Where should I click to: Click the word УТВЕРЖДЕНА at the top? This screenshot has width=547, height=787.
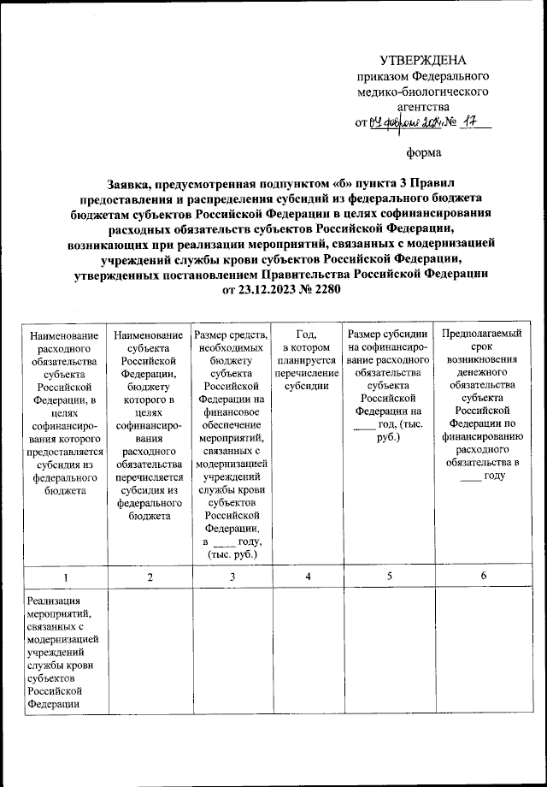[x=423, y=60]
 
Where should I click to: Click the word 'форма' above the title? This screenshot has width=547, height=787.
[x=423, y=154]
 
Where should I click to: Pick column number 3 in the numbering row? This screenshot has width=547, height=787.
[x=232, y=577]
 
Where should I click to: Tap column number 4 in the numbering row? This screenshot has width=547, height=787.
[x=307, y=577]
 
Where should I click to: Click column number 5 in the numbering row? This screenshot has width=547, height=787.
[x=389, y=577]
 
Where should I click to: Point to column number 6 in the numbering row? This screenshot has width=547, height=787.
[x=483, y=577]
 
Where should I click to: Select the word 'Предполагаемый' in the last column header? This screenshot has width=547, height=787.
[x=484, y=334]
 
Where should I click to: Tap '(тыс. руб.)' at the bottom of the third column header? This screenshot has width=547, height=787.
[x=232, y=555]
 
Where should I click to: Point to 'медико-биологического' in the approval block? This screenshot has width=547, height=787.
[x=423, y=91]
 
